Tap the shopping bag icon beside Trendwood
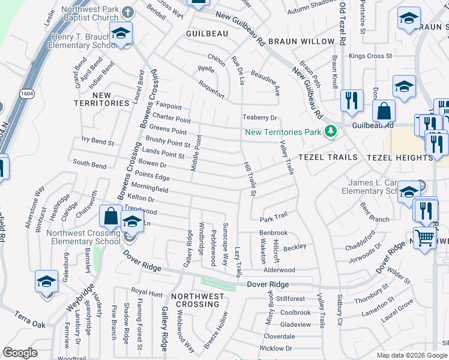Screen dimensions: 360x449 (111, 215)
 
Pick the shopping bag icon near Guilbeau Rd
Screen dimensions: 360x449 (384, 112)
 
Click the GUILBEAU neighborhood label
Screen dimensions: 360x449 (206, 34)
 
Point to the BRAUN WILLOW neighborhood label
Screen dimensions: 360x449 (301, 41)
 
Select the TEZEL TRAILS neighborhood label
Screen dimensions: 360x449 (328, 157)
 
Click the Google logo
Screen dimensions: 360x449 (20, 353)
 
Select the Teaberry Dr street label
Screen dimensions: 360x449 (259, 118)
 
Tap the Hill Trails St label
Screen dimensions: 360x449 (250, 179)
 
